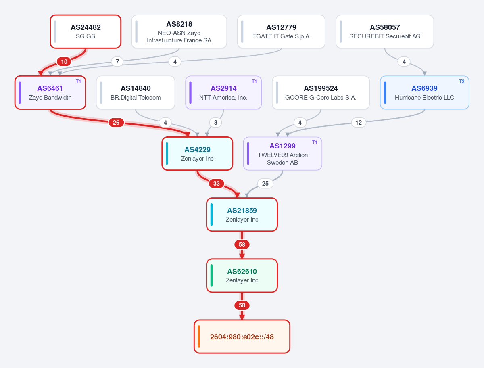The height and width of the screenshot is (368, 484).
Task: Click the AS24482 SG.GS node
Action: [x=86, y=31]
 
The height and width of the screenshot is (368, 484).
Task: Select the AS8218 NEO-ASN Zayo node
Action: [x=179, y=31]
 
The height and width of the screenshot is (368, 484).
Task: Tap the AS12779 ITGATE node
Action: [x=281, y=31]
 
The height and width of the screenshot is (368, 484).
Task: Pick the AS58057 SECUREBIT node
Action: [x=385, y=31]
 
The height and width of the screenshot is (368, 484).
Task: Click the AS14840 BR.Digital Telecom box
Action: [x=136, y=93]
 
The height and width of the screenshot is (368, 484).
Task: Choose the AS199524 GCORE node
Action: [x=321, y=93]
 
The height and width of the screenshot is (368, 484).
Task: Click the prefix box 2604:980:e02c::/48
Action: [x=242, y=337]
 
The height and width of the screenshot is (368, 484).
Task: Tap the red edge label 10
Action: [x=64, y=61]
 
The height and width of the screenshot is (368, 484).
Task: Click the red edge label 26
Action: [x=116, y=123]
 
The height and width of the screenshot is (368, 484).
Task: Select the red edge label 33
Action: [x=217, y=184]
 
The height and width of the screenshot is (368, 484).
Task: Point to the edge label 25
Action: [x=265, y=184]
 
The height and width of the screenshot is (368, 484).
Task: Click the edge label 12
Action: [x=359, y=123]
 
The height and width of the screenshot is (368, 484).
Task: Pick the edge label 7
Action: [x=117, y=61]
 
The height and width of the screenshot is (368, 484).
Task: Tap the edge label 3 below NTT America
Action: [x=216, y=123]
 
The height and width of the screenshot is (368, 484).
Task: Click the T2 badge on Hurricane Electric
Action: [x=461, y=82]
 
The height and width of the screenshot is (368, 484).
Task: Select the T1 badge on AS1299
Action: [x=315, y=142]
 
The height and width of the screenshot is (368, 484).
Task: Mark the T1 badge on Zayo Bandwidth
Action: [x=78, y=82]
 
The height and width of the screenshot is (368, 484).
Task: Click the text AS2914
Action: [x=223, y=88]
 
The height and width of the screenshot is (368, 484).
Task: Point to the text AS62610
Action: [x=242, y=272]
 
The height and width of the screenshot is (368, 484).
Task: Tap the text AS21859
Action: [x=242, y=211]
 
